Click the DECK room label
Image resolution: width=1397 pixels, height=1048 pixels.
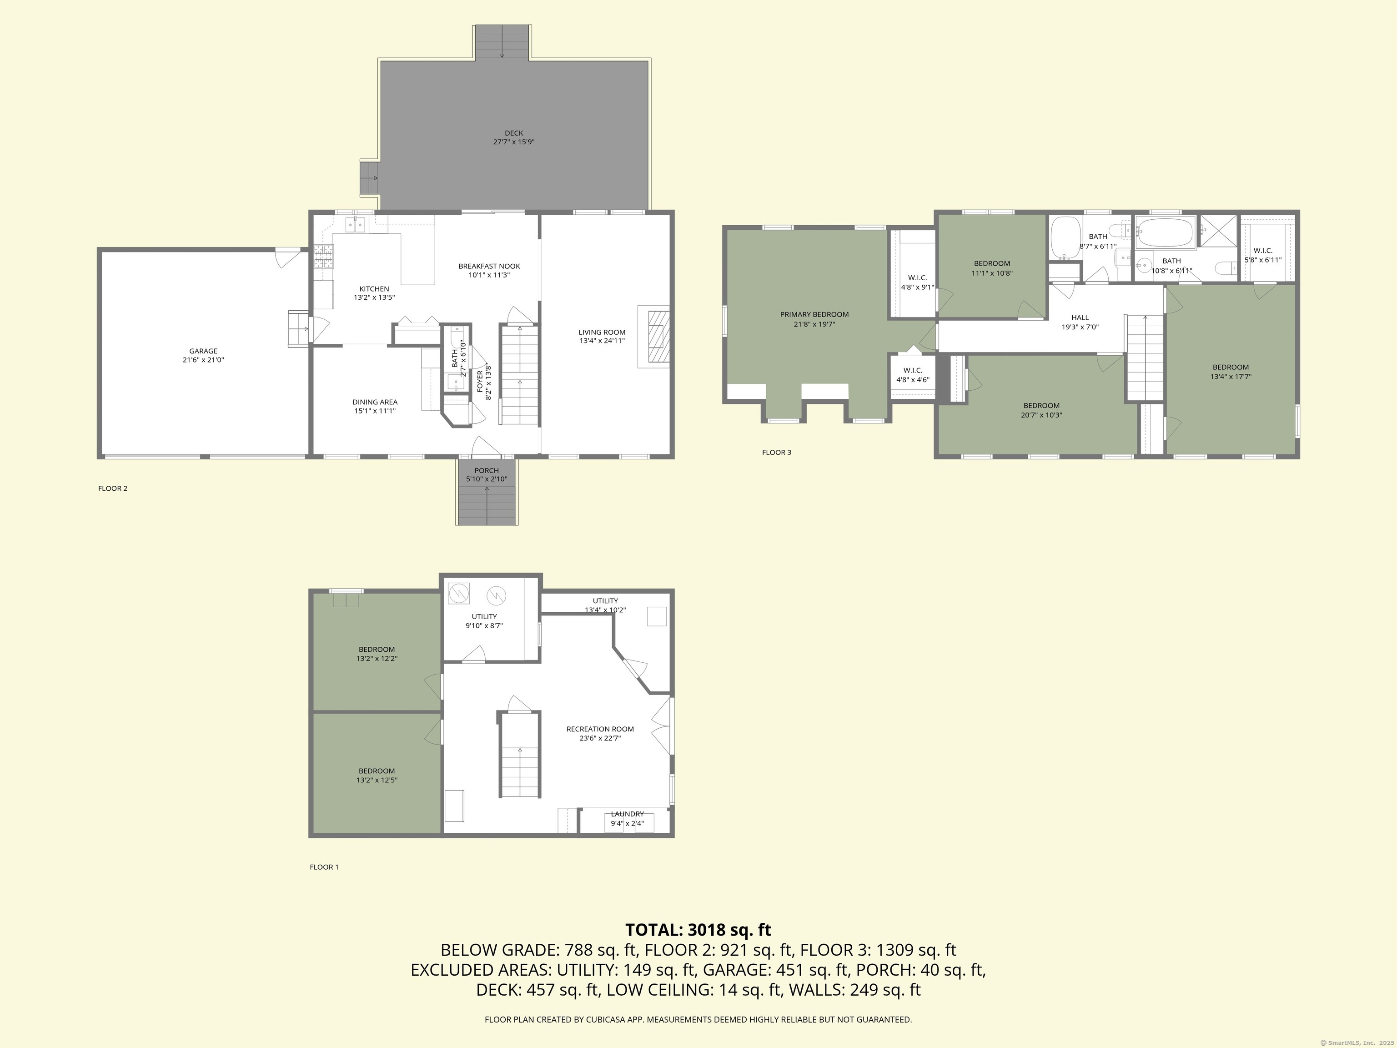[513, 133]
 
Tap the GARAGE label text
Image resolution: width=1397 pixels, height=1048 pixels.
[203, 351]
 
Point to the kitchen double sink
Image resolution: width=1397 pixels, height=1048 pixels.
[356, 224]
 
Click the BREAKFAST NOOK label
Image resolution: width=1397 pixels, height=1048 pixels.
[489, 267]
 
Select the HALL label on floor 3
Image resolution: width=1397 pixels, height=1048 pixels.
[1080, 318]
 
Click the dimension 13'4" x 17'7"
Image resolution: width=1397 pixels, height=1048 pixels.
[1231, 377]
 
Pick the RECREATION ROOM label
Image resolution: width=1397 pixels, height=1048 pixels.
[600, 729]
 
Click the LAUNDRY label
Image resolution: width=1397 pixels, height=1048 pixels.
[627, 814]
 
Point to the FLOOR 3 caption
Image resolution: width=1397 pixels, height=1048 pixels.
[776, 452]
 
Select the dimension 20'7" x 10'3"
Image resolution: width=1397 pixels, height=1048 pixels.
[1041, 415]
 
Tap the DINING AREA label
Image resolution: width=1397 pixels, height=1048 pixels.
[375, 402]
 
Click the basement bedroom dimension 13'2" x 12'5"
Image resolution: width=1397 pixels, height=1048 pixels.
[377, 780]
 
